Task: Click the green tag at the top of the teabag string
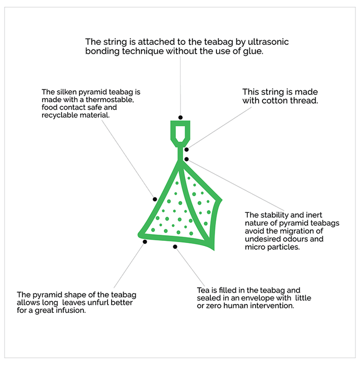(x=180, y=131)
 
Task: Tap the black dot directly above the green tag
(x=180, y=117)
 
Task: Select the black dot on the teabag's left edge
(x=154, y=199)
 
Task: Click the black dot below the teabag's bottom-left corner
(x=145, y=241)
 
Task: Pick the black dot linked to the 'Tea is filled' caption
(x=175, y=246)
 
